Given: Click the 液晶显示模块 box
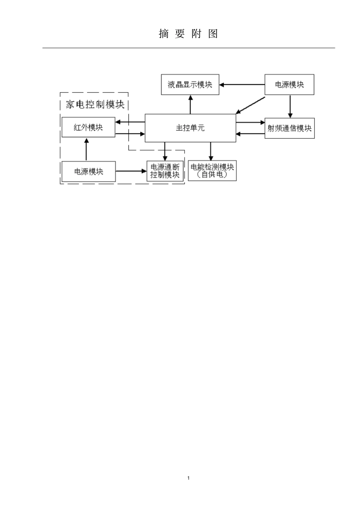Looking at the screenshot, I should pos(190,85).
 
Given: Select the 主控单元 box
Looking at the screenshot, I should pos(190,128).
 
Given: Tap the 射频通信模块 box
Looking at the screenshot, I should pos(289,128).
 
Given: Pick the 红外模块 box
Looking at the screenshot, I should pos(88,127).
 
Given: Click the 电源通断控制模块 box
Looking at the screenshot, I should pos(165,171).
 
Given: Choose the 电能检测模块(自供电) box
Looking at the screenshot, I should pos(212,171).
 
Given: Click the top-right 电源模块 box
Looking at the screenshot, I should pos(289,85).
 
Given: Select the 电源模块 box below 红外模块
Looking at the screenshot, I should pos(88,171).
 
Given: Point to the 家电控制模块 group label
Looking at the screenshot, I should pos(95,104).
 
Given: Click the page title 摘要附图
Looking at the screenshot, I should pos(188,34).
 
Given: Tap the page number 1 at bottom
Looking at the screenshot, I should pos(188,478).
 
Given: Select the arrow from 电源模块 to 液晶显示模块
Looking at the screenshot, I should pos(242,85).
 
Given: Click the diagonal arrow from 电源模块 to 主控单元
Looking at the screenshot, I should pos(250,105).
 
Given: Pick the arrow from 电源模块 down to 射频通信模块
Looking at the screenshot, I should pos(290,106).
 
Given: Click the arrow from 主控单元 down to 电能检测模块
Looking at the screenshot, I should pos(211,151).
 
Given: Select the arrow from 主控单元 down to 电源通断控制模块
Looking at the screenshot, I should pos(165,151).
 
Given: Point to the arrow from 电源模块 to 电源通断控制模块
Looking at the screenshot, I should pos(131,171).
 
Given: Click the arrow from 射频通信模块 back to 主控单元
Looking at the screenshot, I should pos(250,133).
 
